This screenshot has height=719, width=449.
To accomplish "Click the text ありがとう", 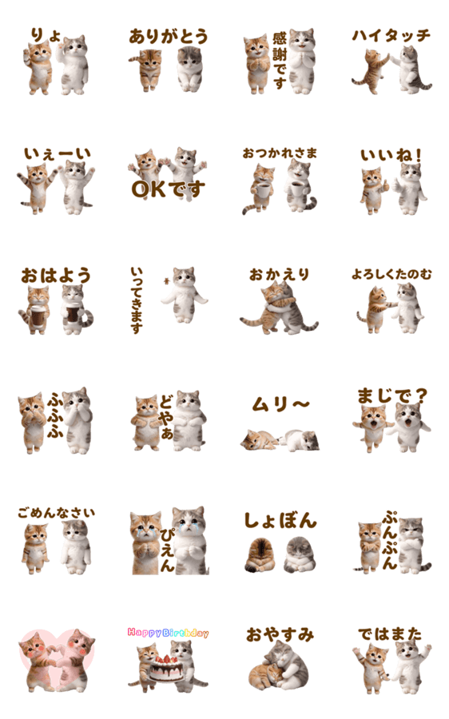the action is [x=169, y=36].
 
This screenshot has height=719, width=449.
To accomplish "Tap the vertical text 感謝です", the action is [x=280, y=61].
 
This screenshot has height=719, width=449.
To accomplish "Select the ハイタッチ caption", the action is [x=391, y=35].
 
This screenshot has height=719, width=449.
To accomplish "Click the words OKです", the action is [x=168, y=189].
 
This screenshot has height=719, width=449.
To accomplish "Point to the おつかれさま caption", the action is [x=280, y=153].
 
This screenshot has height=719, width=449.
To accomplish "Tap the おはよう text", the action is [x=56, y=276].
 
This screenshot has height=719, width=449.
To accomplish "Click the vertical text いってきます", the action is [x=136, y=300].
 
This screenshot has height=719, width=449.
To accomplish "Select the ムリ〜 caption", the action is [x=280, y=404].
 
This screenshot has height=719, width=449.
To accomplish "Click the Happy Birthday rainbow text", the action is [x=168, y=633].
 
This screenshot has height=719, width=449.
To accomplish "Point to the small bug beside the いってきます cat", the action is [x=166, y=280].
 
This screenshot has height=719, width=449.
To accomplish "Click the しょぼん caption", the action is [x=280, y=520].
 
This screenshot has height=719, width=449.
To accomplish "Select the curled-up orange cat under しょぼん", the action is [x=259, y=555].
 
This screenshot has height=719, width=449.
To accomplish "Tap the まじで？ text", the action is [x=392, y=395].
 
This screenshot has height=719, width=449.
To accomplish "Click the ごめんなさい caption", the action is [x=57, y=512].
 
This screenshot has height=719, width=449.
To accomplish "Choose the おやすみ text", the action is [x=280, y=634].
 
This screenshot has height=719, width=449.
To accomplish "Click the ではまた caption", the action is [x=390, y=634].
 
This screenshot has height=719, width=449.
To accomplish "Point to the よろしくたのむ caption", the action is [x=391, y=274].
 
